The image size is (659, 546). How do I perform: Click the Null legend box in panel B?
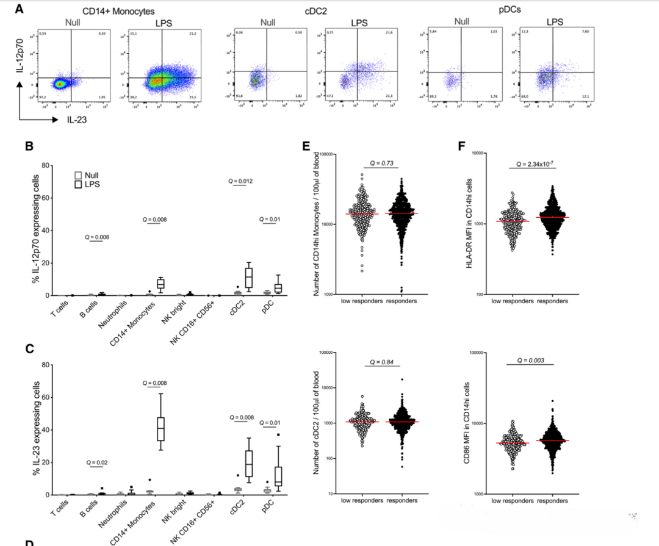(x=77, y=174)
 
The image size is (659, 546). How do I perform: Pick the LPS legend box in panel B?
(x=77, y=184)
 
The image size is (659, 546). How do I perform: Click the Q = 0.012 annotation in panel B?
(x=240, y=181)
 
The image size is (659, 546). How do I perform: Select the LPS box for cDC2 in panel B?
(x=248, y=278)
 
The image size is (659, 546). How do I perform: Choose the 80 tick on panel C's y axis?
(x=45, y=365)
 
